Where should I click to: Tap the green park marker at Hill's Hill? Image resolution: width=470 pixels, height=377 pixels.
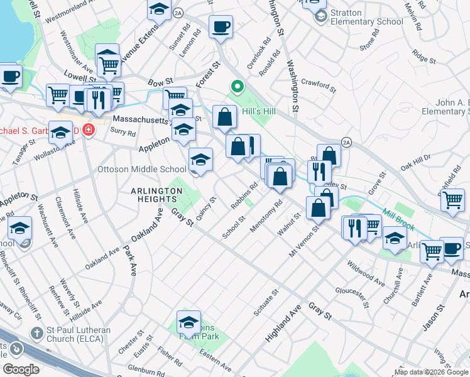tap(237, 87)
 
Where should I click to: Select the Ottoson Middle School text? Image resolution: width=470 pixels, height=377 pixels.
tap(141, 169)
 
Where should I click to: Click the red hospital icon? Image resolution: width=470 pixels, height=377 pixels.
tap(89, 131)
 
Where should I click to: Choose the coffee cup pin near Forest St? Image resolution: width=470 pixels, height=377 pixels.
tap(221, 27)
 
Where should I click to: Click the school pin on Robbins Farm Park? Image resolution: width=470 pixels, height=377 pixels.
tap(189, 322)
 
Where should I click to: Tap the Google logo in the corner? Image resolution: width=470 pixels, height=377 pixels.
tap(21, 369)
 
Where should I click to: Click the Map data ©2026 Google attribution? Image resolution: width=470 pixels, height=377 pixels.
tap(431, 372)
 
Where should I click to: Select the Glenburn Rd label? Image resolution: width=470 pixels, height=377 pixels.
tap(146, 369)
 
